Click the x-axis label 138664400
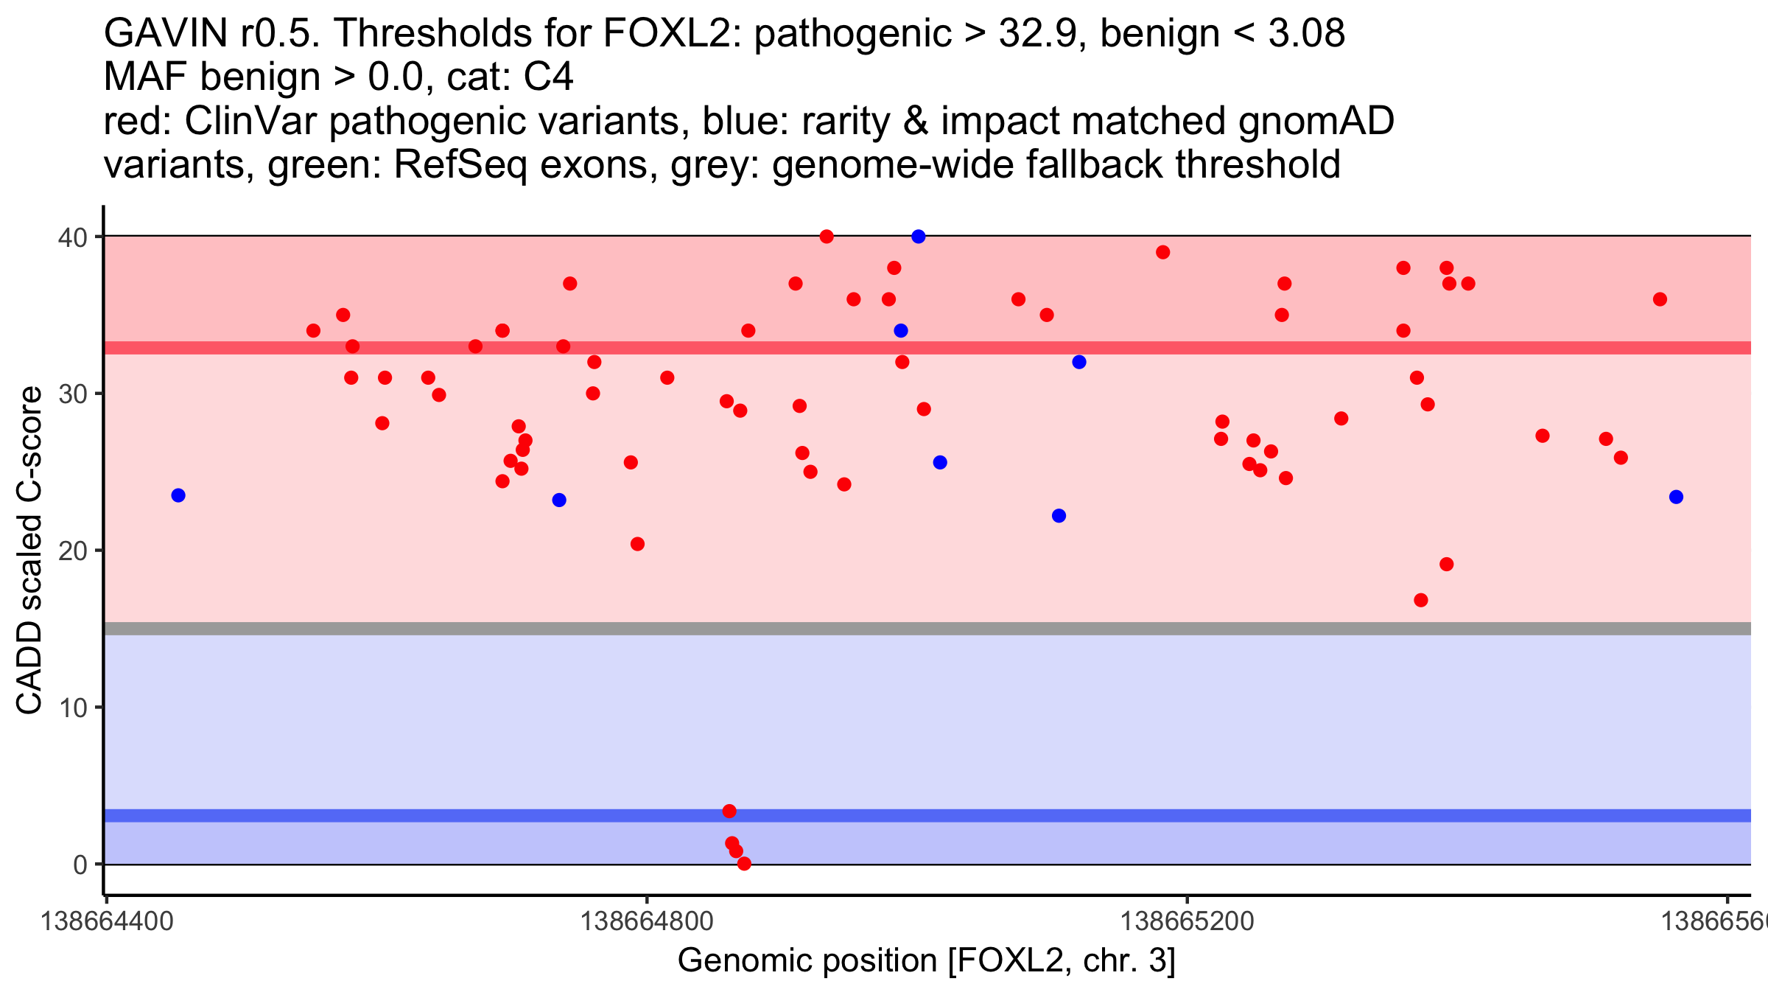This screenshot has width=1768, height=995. click(107, 922)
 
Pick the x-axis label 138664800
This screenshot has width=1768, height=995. click(647, 922)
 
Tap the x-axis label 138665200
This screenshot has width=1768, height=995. click(1187, 922)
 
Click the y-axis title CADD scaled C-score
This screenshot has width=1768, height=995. click(29, 551)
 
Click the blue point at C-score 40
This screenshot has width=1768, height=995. click(918, 237)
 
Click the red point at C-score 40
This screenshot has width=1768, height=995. click(827, 237)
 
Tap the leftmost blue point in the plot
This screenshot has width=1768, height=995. click(178, 495)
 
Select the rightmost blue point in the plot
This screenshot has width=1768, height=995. click(1676, 497)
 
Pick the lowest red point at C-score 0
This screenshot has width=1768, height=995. click(744, 864)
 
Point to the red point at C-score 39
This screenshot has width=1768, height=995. click(1163, 252)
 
